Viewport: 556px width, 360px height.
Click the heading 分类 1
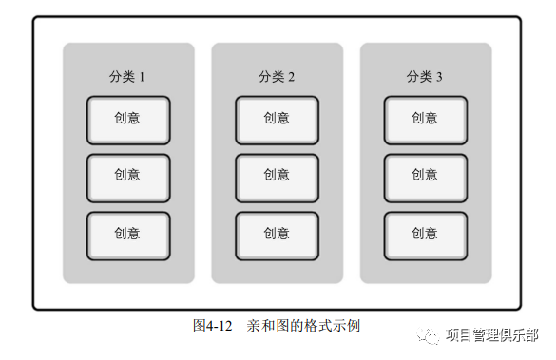point(127,77)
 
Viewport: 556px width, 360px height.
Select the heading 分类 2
point(277,77)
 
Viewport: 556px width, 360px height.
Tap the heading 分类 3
point(425,77)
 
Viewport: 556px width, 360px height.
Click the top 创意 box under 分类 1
point(128,120)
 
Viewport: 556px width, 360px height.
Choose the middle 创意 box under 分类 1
point(128,178)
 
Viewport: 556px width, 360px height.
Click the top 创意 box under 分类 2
point(277,120)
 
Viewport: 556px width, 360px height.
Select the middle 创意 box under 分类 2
point(277,178)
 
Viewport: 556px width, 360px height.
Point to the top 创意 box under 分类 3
point(425,120)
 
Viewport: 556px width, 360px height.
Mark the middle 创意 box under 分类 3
point(425,178)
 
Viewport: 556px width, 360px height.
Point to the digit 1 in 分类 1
point(142,77)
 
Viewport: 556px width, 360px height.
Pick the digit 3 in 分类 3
point(439,77)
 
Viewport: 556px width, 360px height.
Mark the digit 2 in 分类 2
point(291,77)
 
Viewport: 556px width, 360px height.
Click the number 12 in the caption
point(225,325)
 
